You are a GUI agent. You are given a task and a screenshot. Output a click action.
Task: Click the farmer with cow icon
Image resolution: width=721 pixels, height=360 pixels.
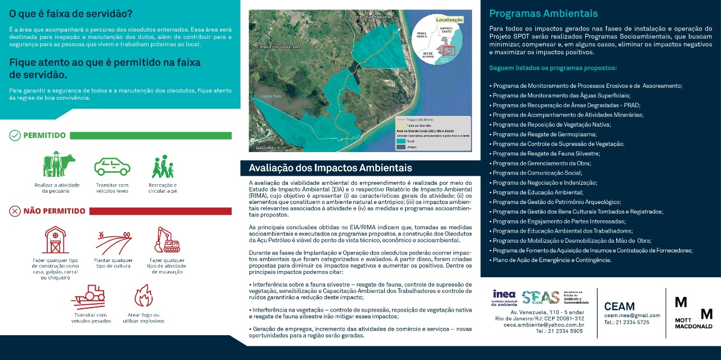(59, 165)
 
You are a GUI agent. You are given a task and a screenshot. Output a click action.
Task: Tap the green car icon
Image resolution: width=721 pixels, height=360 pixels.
(112, 167)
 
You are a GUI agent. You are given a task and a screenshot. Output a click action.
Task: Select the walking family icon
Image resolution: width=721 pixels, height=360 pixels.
(163, 167)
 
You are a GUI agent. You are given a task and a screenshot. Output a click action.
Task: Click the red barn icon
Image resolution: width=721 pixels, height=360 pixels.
(56, 241)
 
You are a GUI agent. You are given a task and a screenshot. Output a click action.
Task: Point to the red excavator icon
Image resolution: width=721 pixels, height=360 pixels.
(167, 240)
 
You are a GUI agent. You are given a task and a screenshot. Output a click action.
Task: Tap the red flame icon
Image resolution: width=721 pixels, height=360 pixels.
(143, 296)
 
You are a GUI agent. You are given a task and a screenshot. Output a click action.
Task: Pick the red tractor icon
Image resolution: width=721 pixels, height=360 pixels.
(89, 296)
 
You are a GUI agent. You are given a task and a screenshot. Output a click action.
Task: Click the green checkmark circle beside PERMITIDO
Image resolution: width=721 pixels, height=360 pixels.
(15, 135)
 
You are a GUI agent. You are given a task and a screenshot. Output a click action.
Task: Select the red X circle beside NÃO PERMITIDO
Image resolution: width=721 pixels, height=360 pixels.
(15, 211)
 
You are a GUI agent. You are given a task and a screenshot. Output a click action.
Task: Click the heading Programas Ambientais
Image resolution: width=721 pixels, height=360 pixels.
(543, 14)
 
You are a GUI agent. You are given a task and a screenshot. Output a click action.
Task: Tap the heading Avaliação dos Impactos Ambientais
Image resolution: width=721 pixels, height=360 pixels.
(330, 168)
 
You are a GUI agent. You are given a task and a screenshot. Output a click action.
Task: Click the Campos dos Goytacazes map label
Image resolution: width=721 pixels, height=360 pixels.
(278, 47)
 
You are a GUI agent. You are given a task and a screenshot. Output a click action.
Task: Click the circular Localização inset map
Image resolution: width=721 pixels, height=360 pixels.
(438, 39)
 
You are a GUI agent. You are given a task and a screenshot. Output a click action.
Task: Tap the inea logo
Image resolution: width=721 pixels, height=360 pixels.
(504, 297)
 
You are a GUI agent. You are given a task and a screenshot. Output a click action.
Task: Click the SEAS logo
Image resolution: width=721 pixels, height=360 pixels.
(540, 297)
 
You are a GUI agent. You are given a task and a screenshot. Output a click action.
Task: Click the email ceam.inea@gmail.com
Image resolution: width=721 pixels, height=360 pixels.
(631, 315)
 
